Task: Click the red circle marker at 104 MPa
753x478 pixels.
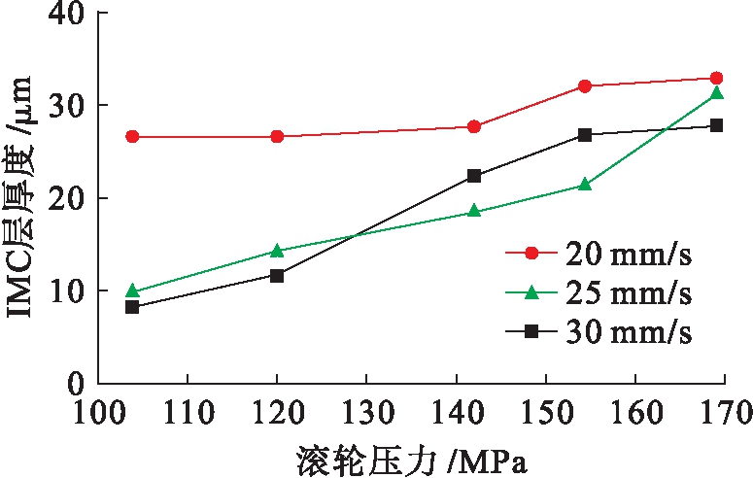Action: coord(132,137)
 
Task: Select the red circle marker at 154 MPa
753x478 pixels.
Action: coord(585,86)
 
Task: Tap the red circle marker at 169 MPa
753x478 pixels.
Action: coord(717,78)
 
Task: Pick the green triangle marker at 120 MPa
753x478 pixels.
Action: coord(277,251)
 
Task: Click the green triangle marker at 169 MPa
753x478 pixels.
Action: coord(717,93)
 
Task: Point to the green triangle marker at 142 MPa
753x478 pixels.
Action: coord(474,211)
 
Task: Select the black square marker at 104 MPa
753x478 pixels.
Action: coord(132,307)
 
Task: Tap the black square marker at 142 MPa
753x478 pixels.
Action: coord(474,176)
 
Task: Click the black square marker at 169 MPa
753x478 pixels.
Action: coord(717,125)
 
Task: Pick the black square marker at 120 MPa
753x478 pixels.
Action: coord(277,276)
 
